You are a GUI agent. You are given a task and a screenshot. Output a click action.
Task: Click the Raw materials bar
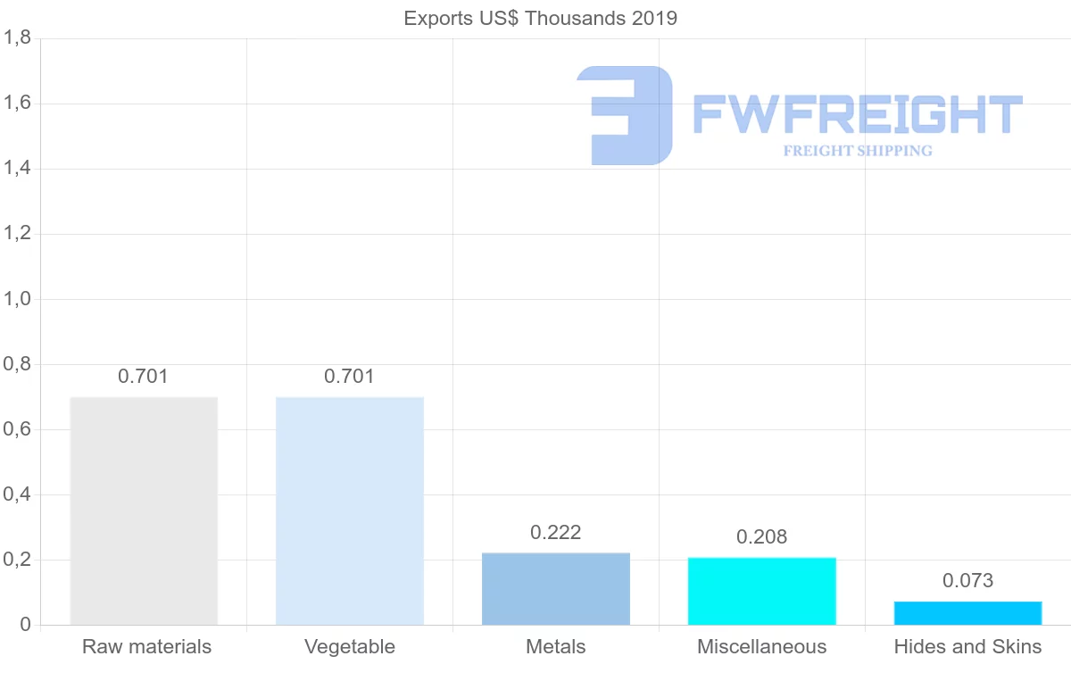(x=144, y=511)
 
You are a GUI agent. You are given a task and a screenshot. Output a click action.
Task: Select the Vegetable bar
(x=350, y=511)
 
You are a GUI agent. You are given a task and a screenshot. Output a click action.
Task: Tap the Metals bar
(x=556, y=589)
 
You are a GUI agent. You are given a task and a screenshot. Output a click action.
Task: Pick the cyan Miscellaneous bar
(x=762, y=591)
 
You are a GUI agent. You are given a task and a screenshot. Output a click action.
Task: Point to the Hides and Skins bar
(x=968, y=613)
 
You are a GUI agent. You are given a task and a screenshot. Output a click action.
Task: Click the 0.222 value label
(x=556, y=533)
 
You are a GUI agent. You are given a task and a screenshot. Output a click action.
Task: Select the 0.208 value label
(x=762, y=537)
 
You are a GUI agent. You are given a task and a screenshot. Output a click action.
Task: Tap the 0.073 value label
(x=968, y=581)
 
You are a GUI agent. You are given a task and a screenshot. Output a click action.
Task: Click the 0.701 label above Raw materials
(x=144, y=377)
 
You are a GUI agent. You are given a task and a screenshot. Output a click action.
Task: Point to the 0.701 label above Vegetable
(x=350, y=377)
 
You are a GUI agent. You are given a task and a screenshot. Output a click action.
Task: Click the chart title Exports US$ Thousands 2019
(x=541, y=19)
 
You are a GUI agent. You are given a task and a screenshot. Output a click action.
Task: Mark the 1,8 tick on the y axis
(x=18, y=38)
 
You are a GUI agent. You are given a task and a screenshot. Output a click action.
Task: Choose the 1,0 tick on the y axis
(x=18, y=299)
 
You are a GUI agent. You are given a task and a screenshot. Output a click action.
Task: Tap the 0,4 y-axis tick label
(x=18, y=494)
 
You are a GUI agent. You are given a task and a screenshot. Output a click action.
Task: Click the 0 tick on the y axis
(x=24, y=625)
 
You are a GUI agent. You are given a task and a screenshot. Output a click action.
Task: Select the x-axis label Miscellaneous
(x=762, y=647)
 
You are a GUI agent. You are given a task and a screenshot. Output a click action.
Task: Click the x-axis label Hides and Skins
(x=968, y=647)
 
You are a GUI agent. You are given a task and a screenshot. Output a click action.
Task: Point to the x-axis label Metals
(x=556, y=647)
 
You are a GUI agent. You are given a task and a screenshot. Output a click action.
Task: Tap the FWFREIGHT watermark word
(x=857, y=114)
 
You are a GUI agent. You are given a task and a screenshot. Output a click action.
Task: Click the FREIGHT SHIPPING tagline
(x=858, y=151)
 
